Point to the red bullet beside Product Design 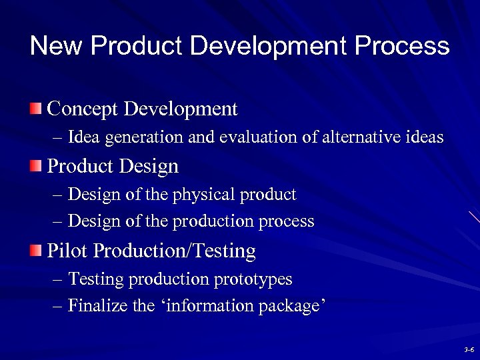[x=35, y=165]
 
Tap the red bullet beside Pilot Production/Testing [x=35, y=250]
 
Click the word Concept [x=84, y=108]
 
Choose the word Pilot [x=68, y=251]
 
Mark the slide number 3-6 [x=468, y=349]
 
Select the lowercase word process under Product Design [x=287, y=221]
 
